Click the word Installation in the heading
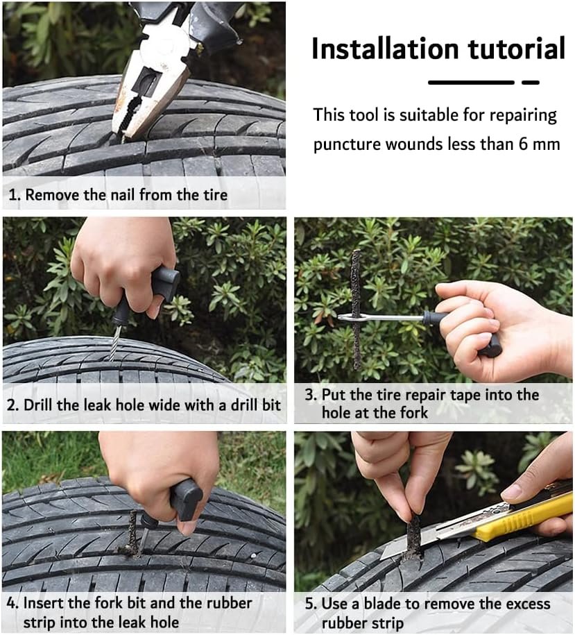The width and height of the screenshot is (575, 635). click(x=385, y=49)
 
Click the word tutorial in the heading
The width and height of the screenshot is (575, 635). click(x=517, y=49)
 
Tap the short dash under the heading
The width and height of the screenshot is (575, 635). click(x=531, y=82)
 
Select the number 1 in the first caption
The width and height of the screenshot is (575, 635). click(x=13, y=195)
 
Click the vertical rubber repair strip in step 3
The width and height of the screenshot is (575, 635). click(x=356, y=310)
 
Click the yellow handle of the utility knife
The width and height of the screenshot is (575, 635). click(x=526, y=516)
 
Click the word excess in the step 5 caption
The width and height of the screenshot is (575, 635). click(x=526, y=604)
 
